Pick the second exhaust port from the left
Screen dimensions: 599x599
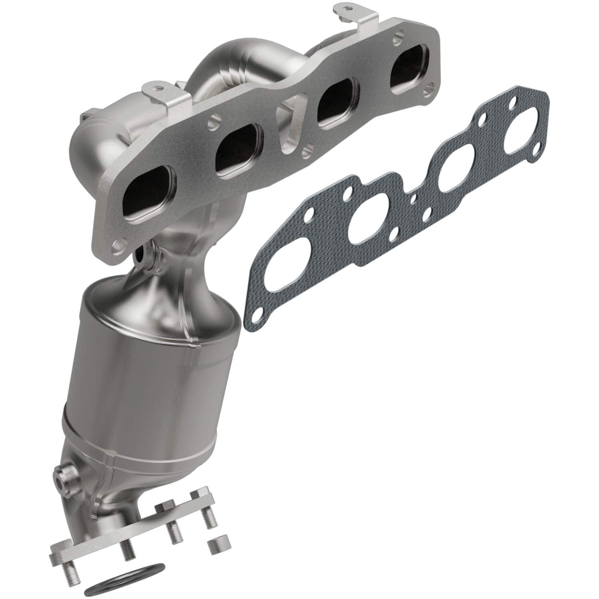point(237,153)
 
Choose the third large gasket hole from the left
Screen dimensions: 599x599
point(455,178)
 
